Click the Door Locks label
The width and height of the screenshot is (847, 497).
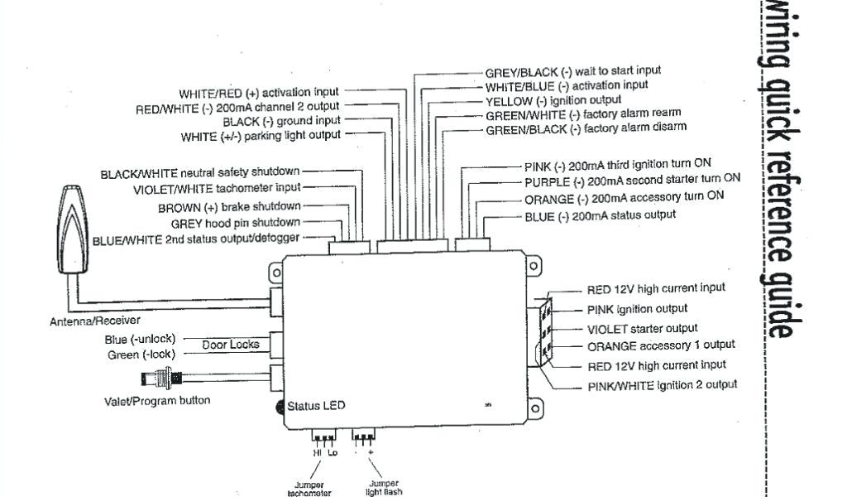(x=231, y=345)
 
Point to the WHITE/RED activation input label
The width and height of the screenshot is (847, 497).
(x=259, y=93)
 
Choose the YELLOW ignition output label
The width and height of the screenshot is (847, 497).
(x=553, y=100)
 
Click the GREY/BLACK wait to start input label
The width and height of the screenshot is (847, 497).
(x=572, y=72)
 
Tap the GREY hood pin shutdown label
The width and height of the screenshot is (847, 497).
(x=236, y=224)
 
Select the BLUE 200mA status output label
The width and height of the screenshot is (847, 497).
(x=600, y=216)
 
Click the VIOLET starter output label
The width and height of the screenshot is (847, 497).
(x=642, y=330)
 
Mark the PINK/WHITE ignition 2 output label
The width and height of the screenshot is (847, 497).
(x=662, y=385)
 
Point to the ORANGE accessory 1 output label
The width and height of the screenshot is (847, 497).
(x=661, y=345)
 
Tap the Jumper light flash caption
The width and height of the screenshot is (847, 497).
(x=384, y=487)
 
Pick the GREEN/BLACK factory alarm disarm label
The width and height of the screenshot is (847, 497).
(x=586, y=129)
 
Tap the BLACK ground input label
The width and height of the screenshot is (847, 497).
(x=281, y=122)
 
